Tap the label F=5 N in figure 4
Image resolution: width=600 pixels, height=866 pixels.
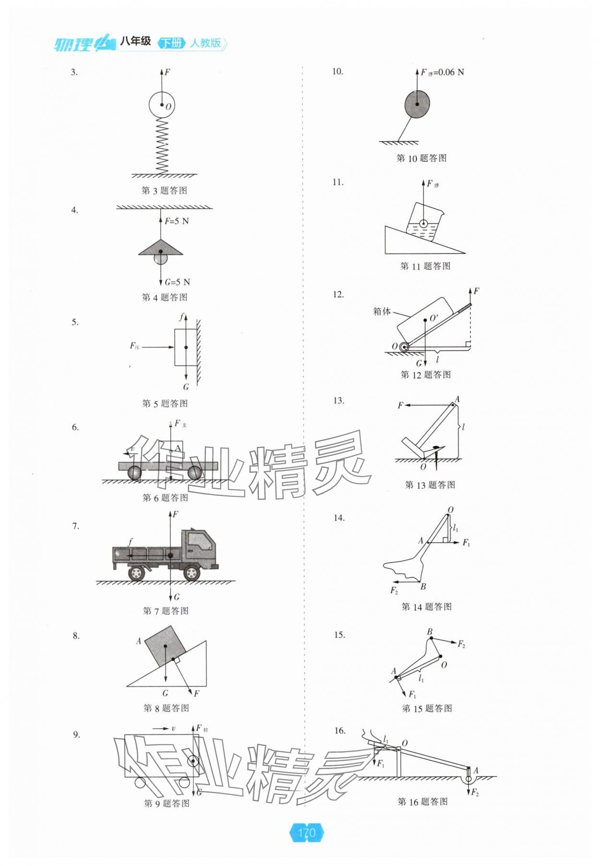177,221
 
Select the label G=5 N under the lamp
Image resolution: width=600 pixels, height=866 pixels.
177,282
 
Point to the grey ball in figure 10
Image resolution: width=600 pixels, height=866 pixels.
417,104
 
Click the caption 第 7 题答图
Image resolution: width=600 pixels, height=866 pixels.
166,611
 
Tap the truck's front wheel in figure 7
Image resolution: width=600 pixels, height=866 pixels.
192,573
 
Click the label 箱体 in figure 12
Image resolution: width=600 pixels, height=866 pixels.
382,311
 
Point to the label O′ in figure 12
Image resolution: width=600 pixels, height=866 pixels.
434,318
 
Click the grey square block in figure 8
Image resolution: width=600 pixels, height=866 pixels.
165,647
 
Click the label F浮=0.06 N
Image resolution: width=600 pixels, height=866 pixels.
442,72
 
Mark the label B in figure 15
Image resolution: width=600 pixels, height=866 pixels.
430,632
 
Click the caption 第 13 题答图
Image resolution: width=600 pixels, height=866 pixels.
430,485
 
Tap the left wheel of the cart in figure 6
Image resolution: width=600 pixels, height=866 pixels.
135,473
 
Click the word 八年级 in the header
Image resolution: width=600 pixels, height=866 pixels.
135,42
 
